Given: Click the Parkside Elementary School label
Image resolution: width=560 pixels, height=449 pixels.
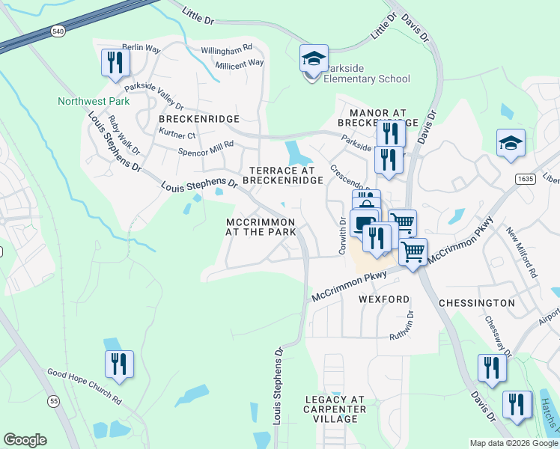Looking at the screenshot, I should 367,73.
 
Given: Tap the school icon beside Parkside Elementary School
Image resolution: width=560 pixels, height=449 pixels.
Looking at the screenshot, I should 314,59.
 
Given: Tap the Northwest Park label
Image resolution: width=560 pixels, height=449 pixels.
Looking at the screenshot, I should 84,101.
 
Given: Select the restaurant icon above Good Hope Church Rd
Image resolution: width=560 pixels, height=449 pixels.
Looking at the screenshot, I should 119,364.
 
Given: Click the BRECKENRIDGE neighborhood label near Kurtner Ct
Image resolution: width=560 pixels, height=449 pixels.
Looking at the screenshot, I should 198,119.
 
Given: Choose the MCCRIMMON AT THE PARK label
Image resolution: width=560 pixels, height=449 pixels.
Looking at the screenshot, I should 261,227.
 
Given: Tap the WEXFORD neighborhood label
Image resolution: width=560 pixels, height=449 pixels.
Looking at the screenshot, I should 384,299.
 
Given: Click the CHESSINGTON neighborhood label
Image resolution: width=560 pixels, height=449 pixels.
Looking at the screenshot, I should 477,303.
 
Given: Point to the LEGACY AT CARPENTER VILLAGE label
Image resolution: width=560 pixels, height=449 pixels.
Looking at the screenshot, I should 335,409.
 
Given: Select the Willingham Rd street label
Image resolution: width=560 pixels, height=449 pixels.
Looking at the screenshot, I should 227,50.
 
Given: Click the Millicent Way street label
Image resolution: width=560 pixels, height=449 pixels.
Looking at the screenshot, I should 239,64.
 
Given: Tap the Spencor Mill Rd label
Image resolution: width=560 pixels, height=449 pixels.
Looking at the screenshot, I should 206,148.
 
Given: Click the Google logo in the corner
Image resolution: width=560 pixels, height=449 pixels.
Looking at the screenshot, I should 25,440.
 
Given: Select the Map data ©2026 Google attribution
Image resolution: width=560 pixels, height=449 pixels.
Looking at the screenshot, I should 513,443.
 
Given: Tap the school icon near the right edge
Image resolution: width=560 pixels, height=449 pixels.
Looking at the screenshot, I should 511,143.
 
